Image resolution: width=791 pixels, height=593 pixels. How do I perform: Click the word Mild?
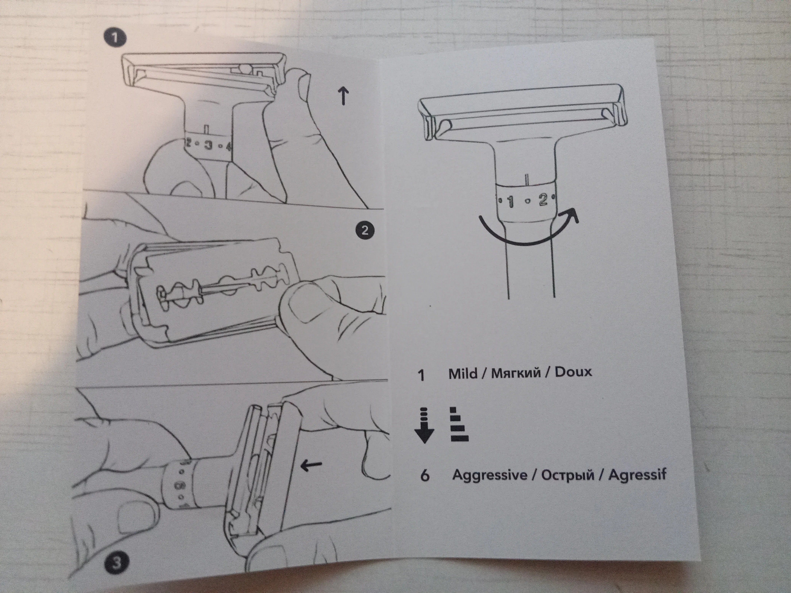click(x=463, y=374)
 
